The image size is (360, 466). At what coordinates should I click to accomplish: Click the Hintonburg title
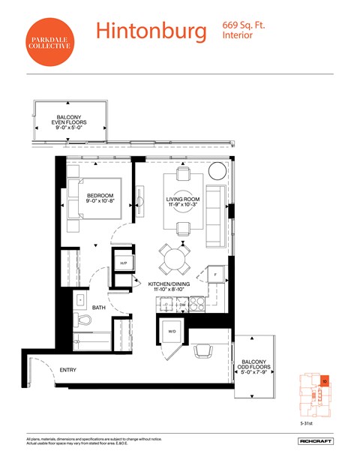pos(151,32)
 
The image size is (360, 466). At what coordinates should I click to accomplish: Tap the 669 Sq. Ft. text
pos(244,26)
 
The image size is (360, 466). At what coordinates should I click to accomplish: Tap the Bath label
pos(99,308)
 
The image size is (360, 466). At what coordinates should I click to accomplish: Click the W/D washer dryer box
pos(171,331)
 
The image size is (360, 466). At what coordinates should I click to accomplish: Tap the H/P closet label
pos(122,263)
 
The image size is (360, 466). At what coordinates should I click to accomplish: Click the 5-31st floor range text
pos(308,422)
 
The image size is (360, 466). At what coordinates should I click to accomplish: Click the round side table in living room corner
pos(216,170)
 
